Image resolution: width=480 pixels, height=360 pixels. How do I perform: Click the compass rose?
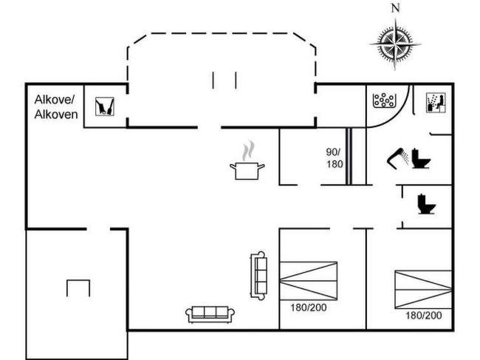pos(395,44)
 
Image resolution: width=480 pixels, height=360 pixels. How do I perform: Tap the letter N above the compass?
pos(396,8)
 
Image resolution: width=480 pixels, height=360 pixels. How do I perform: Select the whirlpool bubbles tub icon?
pos(383,101)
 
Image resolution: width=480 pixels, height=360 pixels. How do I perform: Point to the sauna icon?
pos(436,103)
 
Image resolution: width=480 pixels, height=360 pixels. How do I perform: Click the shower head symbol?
pos(397,158)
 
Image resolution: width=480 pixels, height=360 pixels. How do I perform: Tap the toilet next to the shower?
pos(421,158)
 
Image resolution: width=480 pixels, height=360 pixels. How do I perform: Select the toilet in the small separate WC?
pos(426,204)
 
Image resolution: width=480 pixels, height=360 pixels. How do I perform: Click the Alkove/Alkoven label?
pos(56,107)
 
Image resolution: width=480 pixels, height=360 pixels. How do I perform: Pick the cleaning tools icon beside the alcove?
pos(105,106)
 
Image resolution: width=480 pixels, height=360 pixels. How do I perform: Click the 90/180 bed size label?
pos(335,158)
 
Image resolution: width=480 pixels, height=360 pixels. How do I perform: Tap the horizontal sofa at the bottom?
pos(210,314)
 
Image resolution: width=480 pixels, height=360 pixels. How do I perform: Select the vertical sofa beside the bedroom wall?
pos(258,276)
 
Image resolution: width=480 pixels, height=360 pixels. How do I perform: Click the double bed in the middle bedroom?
pos(309,281)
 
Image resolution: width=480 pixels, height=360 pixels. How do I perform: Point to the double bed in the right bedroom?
pos(423,289)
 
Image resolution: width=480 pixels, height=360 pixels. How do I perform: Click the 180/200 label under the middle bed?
pos(309,308)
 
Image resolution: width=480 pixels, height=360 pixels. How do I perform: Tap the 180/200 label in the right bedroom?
pos(424,315)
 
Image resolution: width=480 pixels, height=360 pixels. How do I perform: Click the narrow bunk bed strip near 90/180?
pos(349,156)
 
